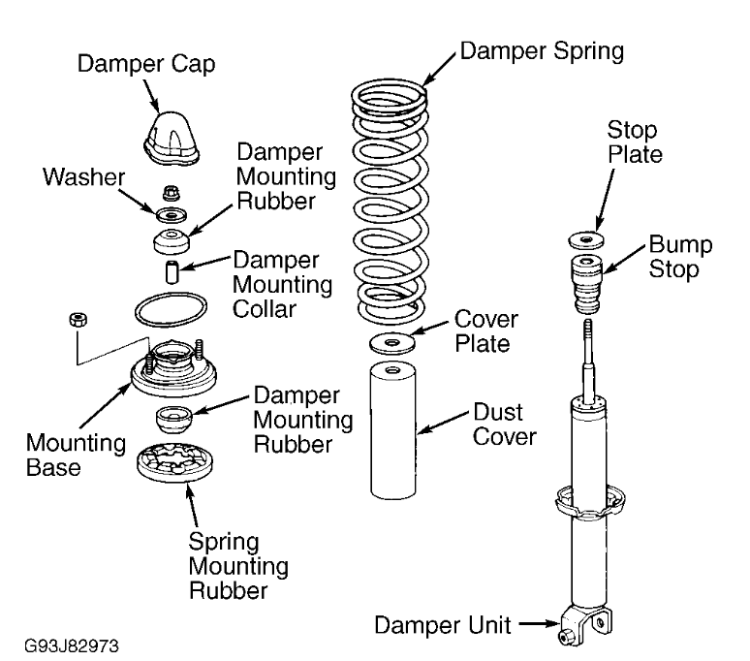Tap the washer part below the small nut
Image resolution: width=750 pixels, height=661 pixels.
pos(172,211)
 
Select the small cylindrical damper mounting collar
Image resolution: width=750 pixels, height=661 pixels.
pos(172,271)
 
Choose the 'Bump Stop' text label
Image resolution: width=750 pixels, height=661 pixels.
pos(680,256)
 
